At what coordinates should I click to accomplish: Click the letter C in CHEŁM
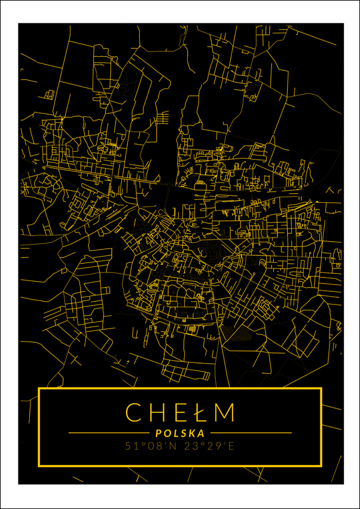[134, 412]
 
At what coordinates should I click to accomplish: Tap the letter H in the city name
[157, 412]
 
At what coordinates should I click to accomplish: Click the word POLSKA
[179, 432]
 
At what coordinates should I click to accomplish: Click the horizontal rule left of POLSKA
[108, 432]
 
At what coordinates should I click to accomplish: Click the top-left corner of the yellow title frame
[39, 389]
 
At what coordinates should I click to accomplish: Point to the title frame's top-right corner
[321, 389]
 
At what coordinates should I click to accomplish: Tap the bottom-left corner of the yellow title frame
[39, 465]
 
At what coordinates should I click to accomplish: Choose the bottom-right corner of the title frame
[321, 465]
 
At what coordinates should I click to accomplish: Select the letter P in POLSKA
[157, 432]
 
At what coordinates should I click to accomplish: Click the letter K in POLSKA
[192, 432]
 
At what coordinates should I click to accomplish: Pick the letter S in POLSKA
[183, 432]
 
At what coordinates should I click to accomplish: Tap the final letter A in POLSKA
[201, 432]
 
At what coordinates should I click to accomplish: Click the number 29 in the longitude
[209, 446]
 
